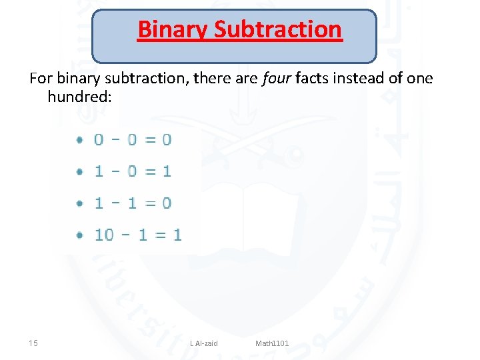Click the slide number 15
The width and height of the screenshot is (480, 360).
33,343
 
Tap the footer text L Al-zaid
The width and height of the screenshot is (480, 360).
203,343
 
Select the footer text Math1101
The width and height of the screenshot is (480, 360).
272,343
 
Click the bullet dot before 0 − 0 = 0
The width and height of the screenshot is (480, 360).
79,140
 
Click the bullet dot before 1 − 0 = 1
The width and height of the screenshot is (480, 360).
79,171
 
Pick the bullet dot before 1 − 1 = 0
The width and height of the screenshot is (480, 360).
79,203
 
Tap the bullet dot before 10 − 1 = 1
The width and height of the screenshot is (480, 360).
79,235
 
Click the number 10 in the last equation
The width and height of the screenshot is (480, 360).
104,235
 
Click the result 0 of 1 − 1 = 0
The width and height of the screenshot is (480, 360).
167,203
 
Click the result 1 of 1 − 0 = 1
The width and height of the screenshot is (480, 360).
167,171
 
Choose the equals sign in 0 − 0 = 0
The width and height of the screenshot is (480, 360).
150,140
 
